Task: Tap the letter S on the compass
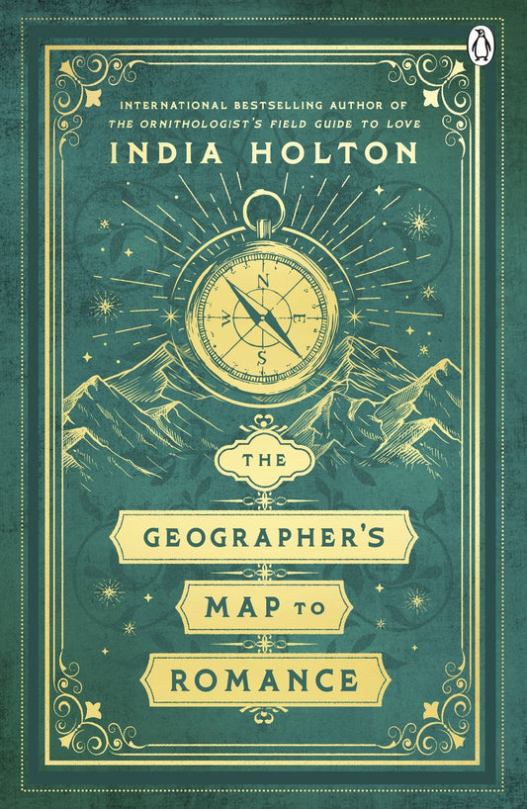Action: [261, 356]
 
